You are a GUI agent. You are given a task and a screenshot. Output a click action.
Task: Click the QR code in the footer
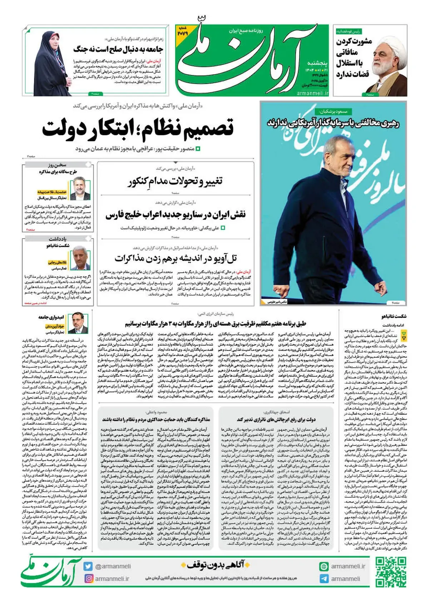(391, 572)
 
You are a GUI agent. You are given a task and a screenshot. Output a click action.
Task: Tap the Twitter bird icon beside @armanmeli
(88, 566)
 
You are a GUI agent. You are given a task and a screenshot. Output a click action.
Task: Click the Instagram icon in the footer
(88, 578)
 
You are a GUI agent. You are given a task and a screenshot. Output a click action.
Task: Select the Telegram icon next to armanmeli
(324, 578)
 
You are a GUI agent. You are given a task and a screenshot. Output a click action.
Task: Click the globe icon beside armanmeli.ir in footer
(324, 566)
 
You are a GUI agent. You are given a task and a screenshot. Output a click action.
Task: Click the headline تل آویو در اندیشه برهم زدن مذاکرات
(176, 258)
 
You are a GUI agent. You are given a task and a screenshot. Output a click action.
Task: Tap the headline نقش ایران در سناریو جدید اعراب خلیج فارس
(176, 215)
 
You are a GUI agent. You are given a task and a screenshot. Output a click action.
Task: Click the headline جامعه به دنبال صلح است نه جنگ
(118, 49)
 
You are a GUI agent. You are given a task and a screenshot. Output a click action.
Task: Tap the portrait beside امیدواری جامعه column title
(80, 323)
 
